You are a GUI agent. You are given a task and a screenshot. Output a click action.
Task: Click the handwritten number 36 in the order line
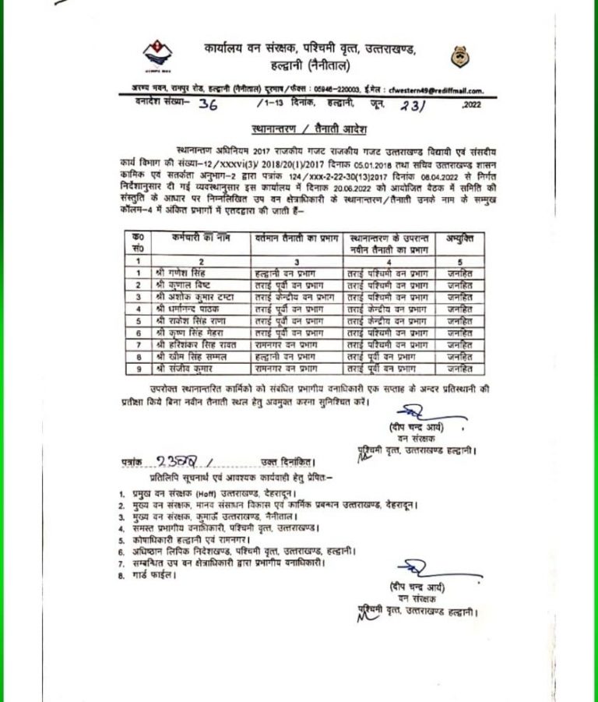[x=208, y=106]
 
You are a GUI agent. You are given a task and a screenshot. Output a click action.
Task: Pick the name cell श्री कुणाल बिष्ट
[x=181, y=284]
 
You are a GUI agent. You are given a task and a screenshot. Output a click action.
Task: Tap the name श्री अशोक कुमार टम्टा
[x=193, y=297]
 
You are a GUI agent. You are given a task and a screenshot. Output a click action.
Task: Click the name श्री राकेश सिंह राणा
[x=189, y=320]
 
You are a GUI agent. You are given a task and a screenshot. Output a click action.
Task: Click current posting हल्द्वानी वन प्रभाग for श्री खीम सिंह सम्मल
[x=290, y=355]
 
